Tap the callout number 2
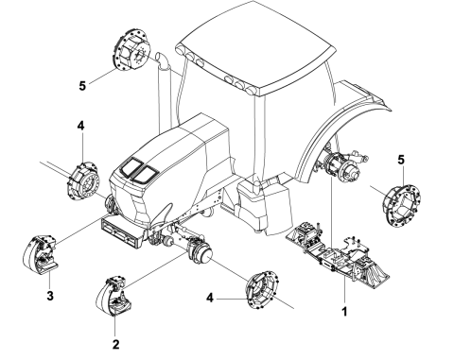[x=116, y=345]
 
